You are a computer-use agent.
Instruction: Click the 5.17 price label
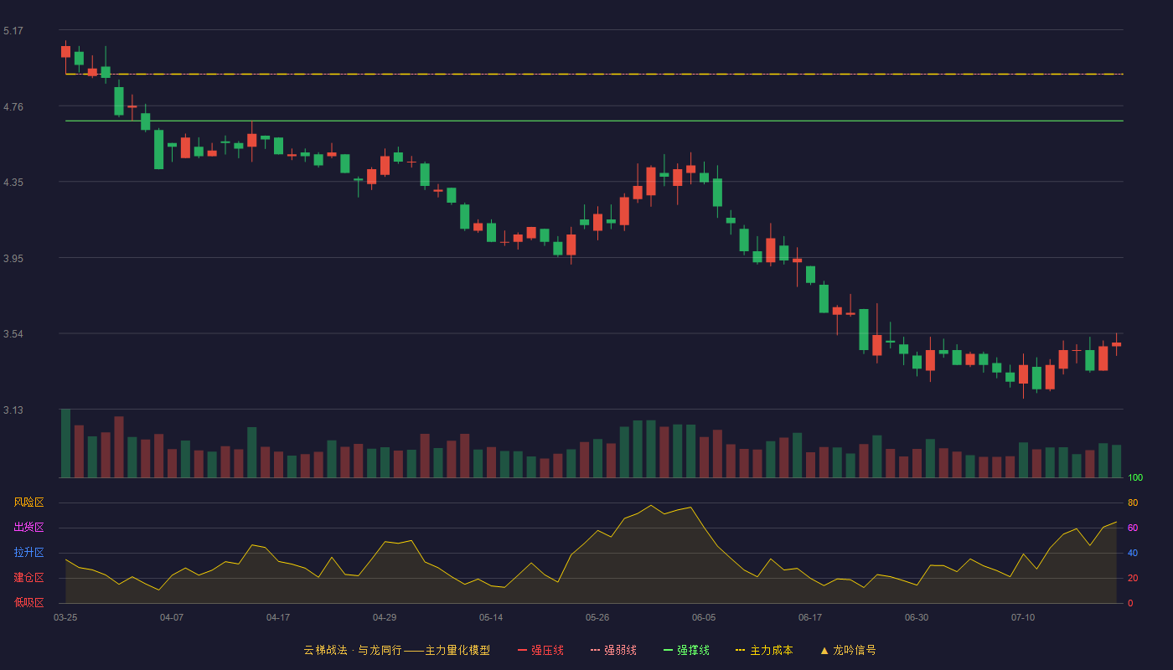[13, 31]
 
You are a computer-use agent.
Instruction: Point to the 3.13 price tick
[13, 410]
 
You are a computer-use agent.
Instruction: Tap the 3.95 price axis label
[13, 259]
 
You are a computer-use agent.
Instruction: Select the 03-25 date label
[65, 618]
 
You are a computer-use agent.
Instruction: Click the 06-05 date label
[704, 618]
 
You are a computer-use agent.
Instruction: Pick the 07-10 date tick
[1023, 618]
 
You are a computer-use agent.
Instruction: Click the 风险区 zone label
[28, 502]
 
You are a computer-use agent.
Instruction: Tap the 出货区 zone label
[28, 527]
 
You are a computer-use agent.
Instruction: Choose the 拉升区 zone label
[28, 552]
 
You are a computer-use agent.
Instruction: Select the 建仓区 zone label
[28, 577]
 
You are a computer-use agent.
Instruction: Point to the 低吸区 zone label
[28, 602]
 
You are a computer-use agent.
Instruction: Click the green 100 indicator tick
[1135, 477]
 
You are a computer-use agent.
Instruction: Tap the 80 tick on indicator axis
[1133, 502]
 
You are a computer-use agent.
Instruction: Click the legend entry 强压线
[540, 650]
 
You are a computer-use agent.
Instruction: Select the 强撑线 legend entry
[686, 650]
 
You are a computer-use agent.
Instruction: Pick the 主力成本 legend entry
[764, 650]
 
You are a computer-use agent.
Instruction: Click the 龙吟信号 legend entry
[848, 650]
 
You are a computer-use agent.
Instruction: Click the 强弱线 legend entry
[613, 650]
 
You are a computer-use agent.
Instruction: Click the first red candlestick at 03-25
[65, 52]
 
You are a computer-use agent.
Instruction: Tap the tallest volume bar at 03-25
[65, 443]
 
